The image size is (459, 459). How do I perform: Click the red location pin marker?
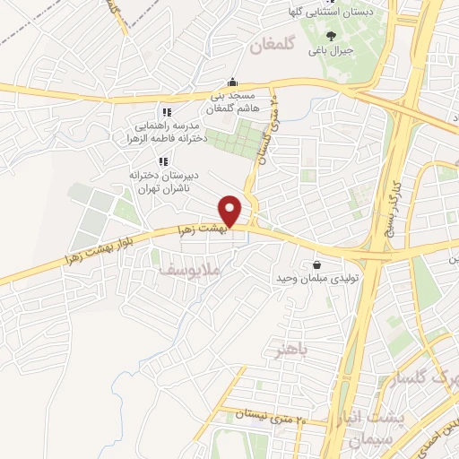(x=232, y=211)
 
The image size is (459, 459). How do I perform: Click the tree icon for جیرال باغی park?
(x=331, y=37)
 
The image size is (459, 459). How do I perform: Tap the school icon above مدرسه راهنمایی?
(x=166, y=113)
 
